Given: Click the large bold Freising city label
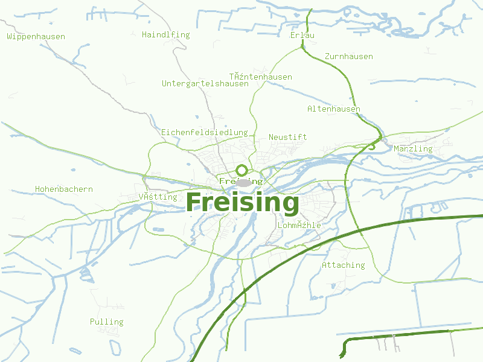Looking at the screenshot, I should point(242,203).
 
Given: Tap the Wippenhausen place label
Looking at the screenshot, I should point(36,37).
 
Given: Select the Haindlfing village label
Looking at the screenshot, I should point(165,35).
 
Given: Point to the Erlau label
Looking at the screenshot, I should point(302,35).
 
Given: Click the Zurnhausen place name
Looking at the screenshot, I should point(348,57).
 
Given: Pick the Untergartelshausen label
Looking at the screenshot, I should point(205,84).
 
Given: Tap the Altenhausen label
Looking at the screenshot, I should point(333,109).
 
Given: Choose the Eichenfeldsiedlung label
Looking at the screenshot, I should point(204,132).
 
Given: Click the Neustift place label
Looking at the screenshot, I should point(287,137).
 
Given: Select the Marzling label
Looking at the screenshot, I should point(413,149).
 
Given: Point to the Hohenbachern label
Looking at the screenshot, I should point(64,189).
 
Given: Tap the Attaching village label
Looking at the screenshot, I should point(343,265).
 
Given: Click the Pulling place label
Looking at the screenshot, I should point(106,322).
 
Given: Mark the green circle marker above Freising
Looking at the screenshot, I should point(241,170).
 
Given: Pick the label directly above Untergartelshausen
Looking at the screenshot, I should point(260,77).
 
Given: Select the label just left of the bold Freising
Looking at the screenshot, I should point(158,197).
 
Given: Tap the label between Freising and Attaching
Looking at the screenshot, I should point(299,226).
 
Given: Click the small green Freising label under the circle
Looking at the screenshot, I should point(241,181).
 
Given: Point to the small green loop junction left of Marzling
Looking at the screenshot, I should point(372,145).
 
